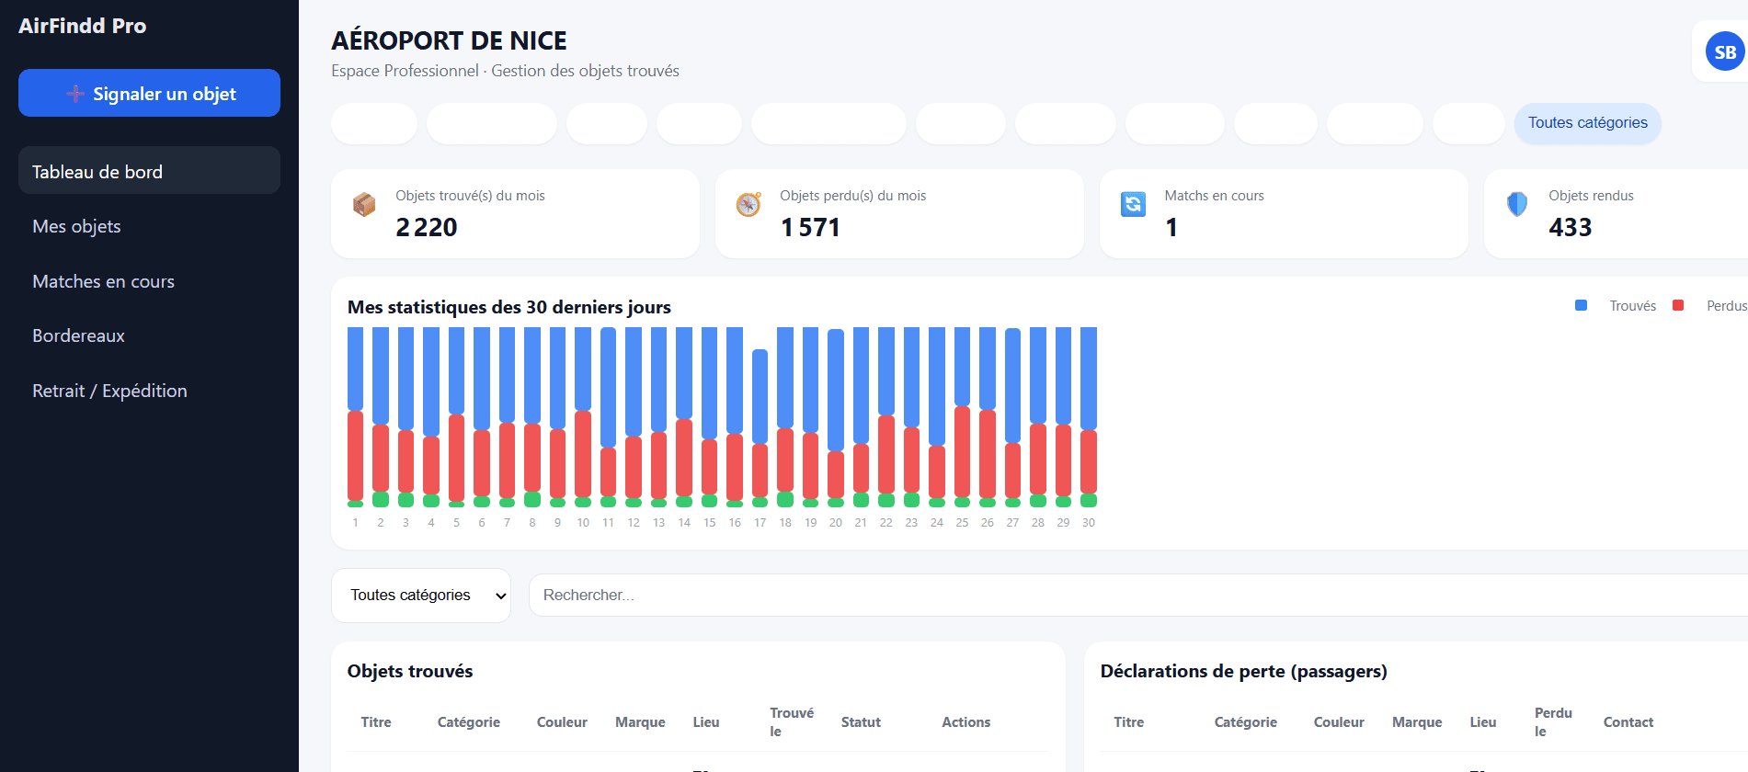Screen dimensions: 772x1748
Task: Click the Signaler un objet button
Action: coord(149,93)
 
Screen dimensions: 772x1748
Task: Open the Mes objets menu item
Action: coord(76,226)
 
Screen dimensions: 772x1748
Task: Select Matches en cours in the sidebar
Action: coord(103,281)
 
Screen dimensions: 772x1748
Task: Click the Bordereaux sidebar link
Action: coord(78,335)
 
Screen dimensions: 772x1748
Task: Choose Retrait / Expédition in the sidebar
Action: coord(109,391)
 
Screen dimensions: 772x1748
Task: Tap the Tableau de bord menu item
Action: coord(97,172)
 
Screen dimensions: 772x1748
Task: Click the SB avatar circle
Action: coord(1724,52)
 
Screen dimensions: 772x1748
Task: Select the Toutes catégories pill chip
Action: coord(1587,123)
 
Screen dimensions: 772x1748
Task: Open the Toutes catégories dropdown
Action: coord(421,596)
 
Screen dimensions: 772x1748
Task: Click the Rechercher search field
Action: coord(1103,596)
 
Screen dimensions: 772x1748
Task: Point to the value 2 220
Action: coord(427,227)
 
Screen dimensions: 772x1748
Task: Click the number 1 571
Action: coord(810,227)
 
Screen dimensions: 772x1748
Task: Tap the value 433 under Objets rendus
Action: coord(1570,227)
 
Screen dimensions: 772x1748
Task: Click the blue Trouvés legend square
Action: coord(1581,306)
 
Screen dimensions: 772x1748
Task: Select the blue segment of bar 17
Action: coord(760,396)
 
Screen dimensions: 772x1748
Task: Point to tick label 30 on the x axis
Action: coord(1088,523)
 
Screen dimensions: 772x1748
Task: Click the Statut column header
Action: coord(861,722)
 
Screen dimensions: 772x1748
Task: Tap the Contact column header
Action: coord(1628,722)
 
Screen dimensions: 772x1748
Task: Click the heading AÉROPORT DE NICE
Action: coord(449,40)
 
